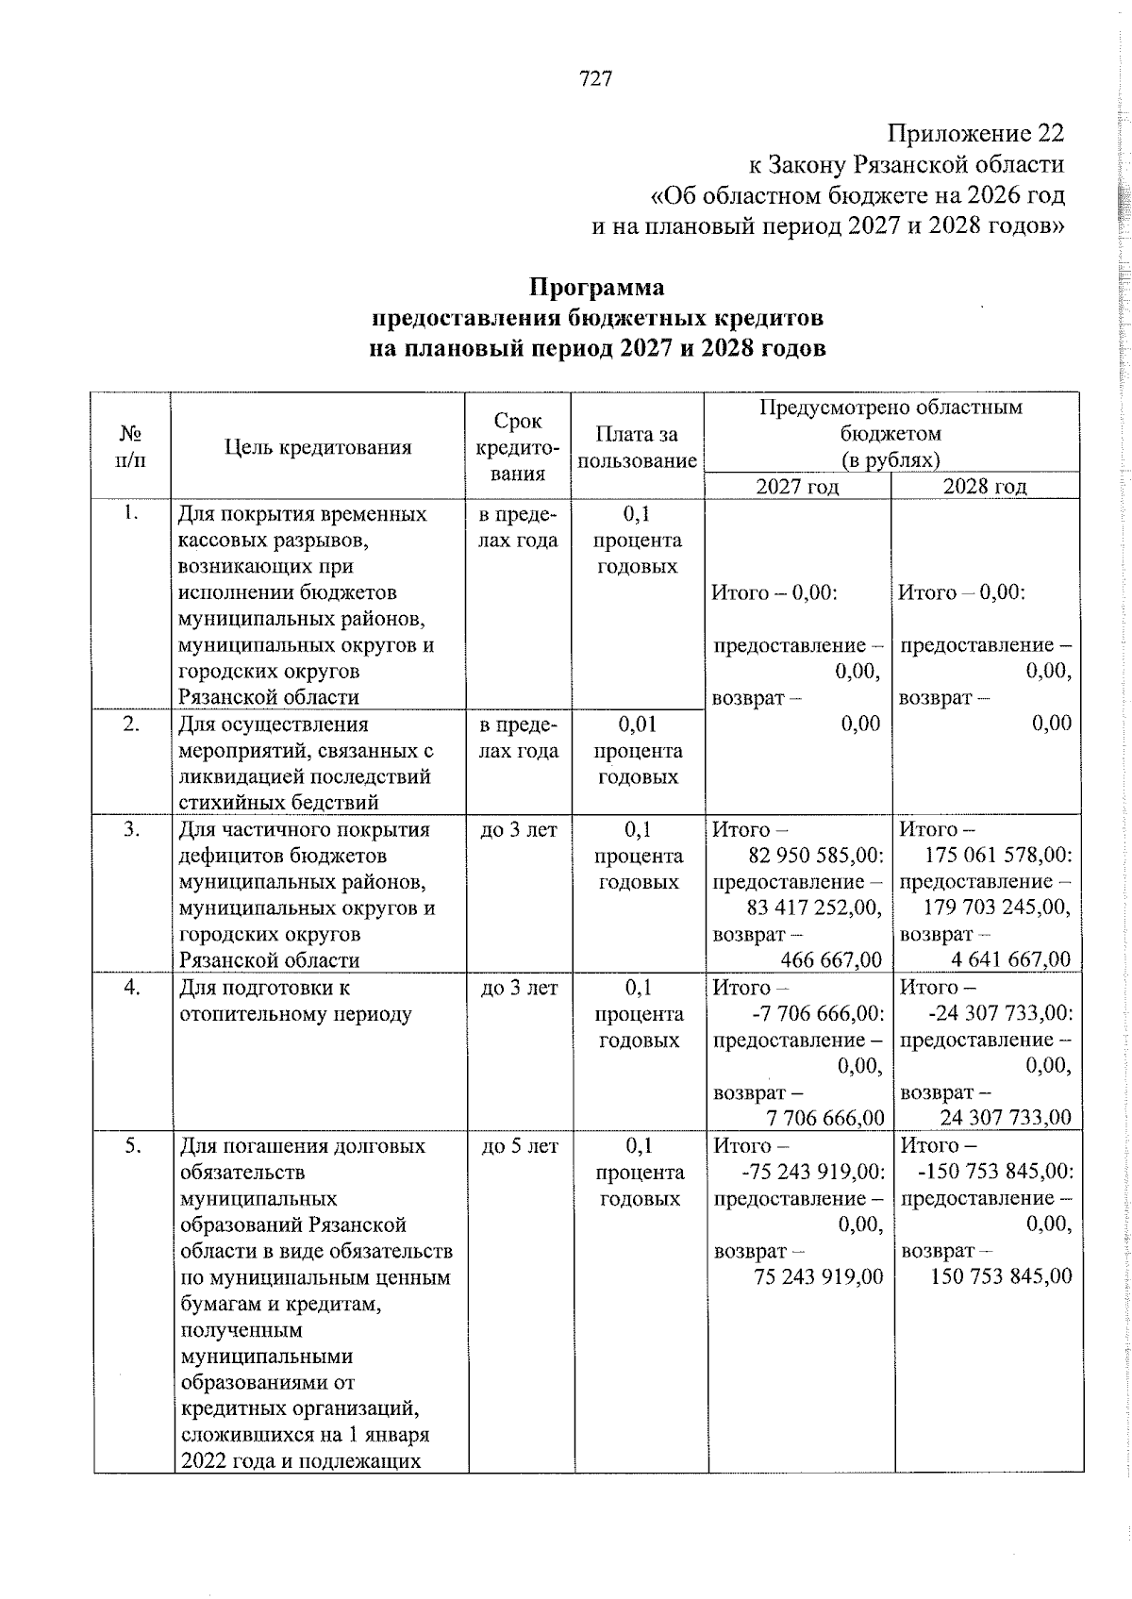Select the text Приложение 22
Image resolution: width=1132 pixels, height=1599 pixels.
[x=974, y=133]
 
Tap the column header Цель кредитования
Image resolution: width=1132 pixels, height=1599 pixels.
[x=318, y=447]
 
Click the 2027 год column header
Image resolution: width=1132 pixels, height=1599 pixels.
[x=797, y=486]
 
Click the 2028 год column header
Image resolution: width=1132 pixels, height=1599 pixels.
[x=985, y=486]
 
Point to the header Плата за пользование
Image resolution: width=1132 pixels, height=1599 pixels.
[x=637, y=447]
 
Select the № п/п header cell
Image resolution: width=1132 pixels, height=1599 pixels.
[x=131, y=446]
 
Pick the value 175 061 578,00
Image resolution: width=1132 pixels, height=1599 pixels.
[x=998, y=856]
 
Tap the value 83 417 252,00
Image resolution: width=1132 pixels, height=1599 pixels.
[x=813, y=908]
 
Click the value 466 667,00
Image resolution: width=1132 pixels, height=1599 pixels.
[x=831, y=960]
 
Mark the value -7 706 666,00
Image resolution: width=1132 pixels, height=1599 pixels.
[x=813, y=1013]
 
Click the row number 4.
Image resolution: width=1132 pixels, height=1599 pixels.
[x=132, y=988]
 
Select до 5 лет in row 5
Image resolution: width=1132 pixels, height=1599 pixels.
[x=520, y=1146]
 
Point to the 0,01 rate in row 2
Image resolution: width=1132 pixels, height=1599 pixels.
[x=637, y=725]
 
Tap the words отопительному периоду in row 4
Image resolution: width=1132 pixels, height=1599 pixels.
[x=295, y=1015]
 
